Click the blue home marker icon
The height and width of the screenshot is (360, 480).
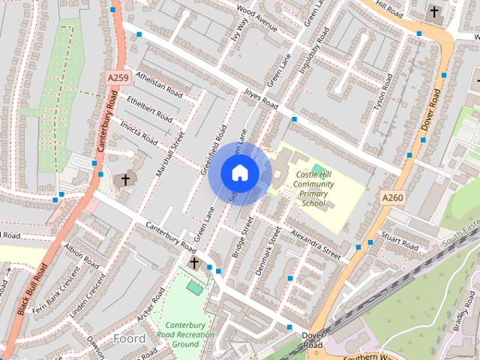click(x=239, y=173)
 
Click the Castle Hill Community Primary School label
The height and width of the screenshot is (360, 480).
click(x=313, y=189)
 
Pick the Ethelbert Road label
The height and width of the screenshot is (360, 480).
click(x=150, y=109)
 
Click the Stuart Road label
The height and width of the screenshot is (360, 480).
click(x=399, y=241)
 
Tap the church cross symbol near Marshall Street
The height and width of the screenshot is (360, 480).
click(x=125, y=179)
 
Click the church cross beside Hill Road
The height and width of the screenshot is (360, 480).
click(x=433, y=12)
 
